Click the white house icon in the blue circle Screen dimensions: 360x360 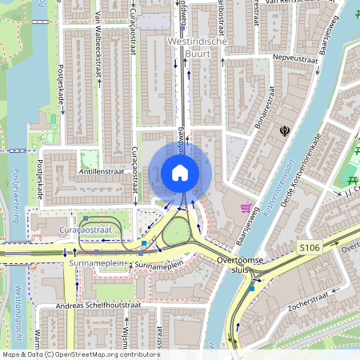pyautogui.click(x=180, y=172)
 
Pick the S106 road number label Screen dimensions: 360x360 pyautogui.click(x=308, y=248)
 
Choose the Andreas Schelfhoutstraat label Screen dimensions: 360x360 pyautogui.click(x=89, y=306)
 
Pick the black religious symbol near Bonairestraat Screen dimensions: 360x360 pyautogui.click(x=282, y=130)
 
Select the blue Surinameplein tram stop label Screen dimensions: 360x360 pyautogui.click(x=100, y=262)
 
